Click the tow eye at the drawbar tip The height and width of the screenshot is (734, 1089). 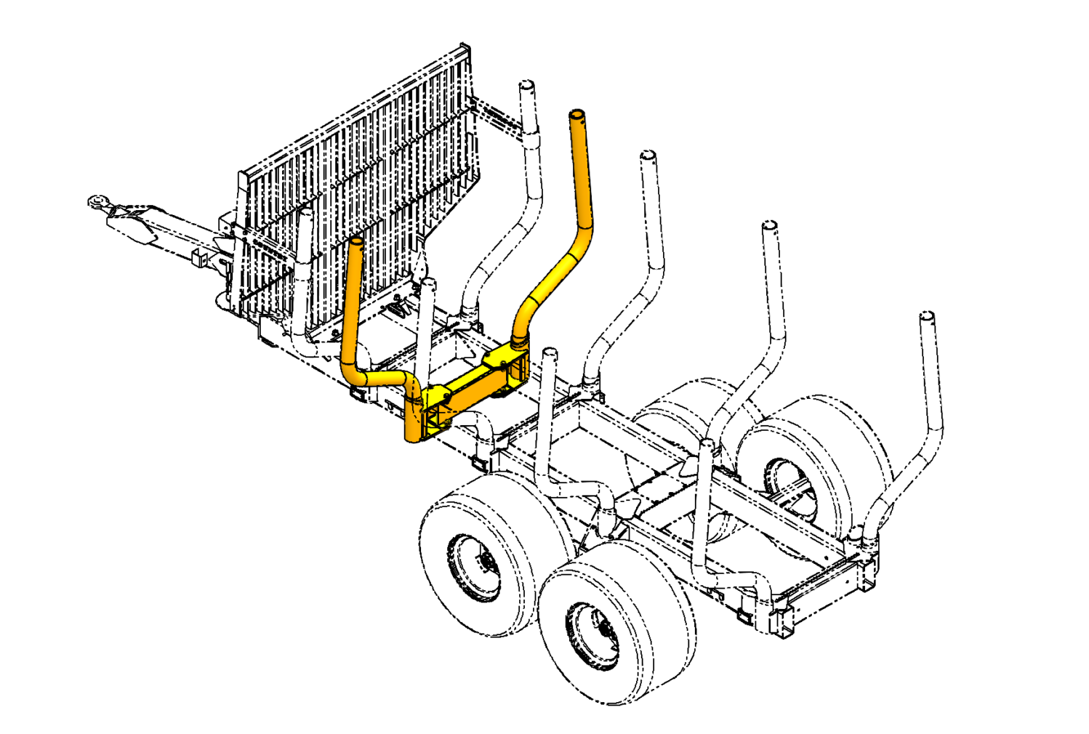95,201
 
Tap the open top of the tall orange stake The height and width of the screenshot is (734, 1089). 576,115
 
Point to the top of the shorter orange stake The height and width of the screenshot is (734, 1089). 356,241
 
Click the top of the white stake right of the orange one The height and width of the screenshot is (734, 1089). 648,156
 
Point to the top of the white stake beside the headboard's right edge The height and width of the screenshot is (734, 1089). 526,85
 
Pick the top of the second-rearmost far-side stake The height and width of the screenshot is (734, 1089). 769,226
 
